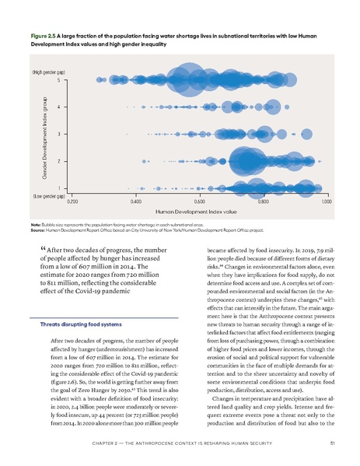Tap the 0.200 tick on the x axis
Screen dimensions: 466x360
point(72,201)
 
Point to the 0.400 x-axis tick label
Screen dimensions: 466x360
point(135,201)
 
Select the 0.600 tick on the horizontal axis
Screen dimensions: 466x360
point(198,201)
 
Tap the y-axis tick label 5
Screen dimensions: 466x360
point(59,79)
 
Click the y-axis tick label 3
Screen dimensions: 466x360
point(59,134)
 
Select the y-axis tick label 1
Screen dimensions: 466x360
point(59,187)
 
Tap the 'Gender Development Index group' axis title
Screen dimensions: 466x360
point(37,133)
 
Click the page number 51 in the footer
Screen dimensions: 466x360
point(332,445)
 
